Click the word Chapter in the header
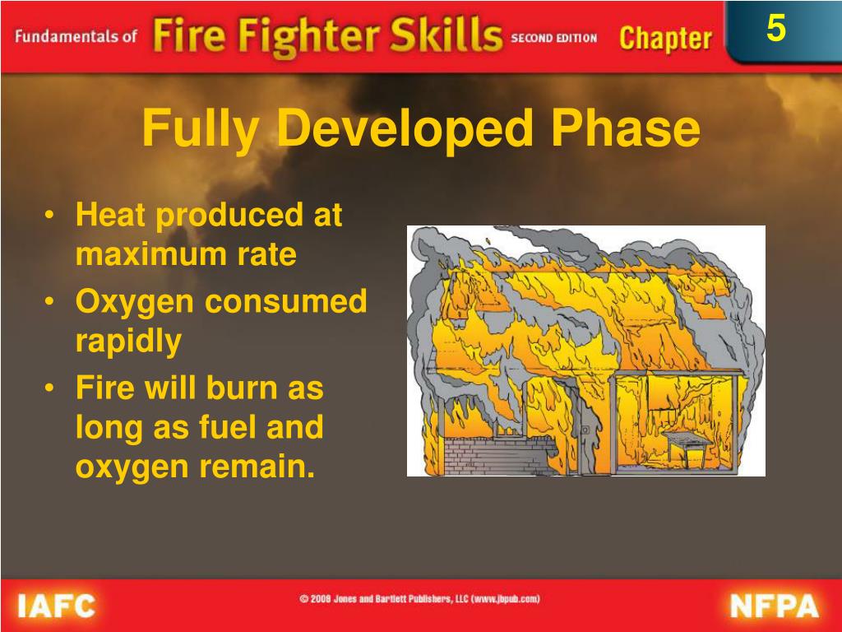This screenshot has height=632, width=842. click(665, 38)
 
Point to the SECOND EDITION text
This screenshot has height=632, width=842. click(554, 39)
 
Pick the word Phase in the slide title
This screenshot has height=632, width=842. click(626, 129)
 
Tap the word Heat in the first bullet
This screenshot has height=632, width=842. click(111, 216)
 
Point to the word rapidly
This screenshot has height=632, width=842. click(127, 341)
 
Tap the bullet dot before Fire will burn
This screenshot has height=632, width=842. click(52, 388)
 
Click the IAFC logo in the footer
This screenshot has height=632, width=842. click(56, 607)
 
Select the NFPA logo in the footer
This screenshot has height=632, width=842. click(774, 607)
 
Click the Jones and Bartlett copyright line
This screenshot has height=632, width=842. click(419, 600)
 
